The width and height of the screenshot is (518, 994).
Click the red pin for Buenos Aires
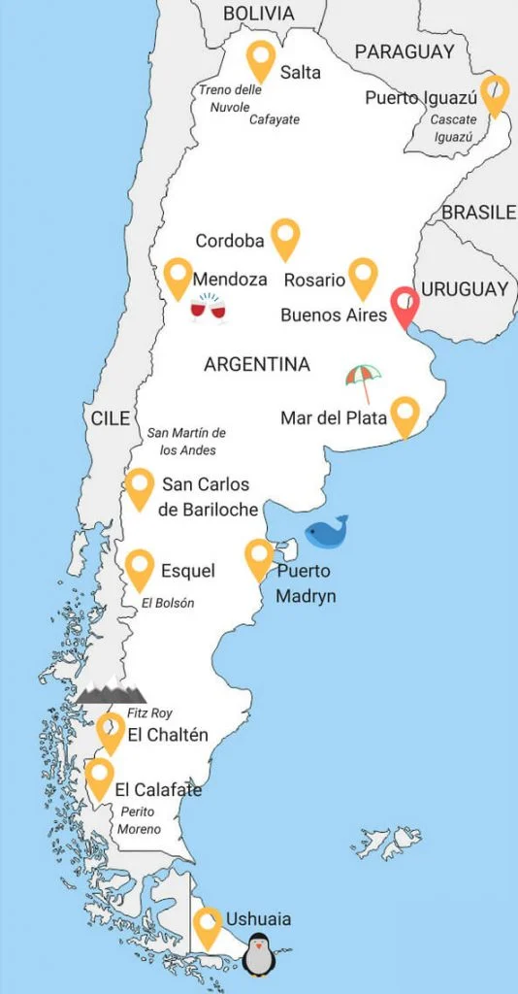(x=405, y=307)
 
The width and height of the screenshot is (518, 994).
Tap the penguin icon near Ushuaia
(x=259, y=954)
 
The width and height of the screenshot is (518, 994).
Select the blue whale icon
(x=326, y=532)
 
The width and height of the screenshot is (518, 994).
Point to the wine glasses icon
(x=208, y=310)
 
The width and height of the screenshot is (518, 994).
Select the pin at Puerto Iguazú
(x=495, y=94)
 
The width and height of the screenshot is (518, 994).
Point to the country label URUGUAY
(x=465, y=289)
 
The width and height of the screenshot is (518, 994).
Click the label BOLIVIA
(x=258, y=13)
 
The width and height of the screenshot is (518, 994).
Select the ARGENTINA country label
(x=257, y=365)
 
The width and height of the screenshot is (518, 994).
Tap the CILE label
(x=111, y=418)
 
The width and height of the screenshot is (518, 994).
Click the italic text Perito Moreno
(x=140, y=820)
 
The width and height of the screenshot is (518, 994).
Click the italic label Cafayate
(x=275, y=119)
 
